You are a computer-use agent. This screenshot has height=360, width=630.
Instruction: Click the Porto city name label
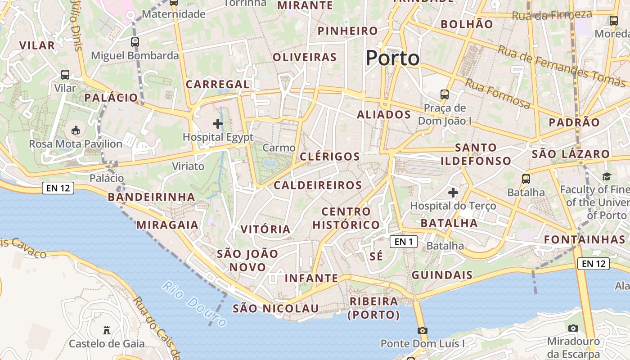(x=392, y=58)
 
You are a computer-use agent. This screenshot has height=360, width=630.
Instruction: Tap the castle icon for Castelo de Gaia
(x=107, y=330)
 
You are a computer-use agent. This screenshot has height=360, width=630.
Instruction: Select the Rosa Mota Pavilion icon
(x=76, y=131)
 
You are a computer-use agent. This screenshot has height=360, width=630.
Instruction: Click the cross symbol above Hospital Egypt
(x=218, y=123)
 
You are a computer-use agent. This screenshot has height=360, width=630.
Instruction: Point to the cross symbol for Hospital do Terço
(x=453, y=193)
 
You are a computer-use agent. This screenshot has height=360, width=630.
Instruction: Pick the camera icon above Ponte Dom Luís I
(x=422, y=330)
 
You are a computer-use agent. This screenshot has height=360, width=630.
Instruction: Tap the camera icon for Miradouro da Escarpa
(x=573, y=328)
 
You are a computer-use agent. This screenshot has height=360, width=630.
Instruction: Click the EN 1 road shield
(x=403, y=242)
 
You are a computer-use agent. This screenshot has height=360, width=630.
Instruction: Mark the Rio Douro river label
(x=195, y=304)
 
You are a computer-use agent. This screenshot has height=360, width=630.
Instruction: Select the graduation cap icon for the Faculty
(x=607, y=176)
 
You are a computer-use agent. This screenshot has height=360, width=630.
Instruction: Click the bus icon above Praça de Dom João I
(x=445, y=94)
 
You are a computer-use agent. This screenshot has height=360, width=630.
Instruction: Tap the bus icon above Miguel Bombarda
(x=135, y=42)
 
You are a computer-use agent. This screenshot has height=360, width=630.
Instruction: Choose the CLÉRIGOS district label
(x=330, y=157)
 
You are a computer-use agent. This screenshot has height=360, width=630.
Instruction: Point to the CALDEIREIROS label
(x=318, y=185)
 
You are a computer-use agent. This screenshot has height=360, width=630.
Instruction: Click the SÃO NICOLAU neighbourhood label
(x=275, y=309)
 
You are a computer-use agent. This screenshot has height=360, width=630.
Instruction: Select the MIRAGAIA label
(x=167, y=225)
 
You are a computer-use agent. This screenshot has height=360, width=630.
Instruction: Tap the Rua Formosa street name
(x=498, y=94)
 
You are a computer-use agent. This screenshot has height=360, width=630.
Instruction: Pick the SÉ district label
(x=376, y=256)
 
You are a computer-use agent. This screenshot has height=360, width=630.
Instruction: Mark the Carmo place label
(x=279, y=148)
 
